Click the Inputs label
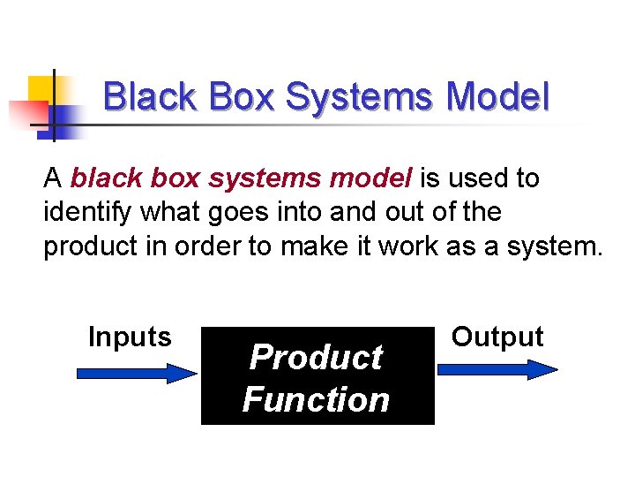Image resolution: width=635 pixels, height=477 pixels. point(130,337)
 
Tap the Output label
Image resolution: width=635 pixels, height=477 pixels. point(497,337)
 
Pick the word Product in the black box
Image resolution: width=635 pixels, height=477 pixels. point(316,358)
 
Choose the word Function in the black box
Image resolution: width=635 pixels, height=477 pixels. point(316,400)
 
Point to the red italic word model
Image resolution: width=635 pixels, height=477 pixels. point(371,178)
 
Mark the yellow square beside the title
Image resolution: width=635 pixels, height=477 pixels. point(41,88)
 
